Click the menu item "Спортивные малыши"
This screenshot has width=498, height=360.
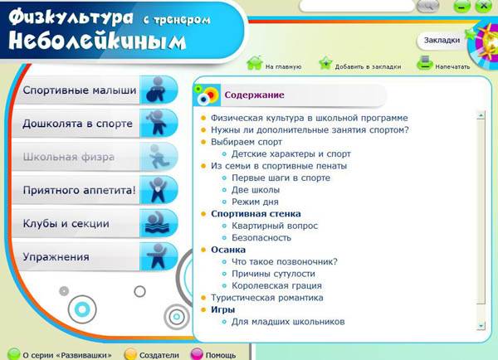[80, 90]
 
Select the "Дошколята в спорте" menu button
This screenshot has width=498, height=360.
[77, 124]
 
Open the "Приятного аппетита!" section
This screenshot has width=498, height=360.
[80, 190]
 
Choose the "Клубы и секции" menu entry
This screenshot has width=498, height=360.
[66, 223]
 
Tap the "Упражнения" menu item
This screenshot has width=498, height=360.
[56, 257]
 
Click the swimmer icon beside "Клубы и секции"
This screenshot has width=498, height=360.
[158, 223]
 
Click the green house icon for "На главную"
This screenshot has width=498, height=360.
[255, 62]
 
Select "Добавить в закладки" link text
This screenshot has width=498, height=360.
[368, 66]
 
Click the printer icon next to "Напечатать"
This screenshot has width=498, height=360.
[425, 62]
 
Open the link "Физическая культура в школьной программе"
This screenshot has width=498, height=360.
[310, 118]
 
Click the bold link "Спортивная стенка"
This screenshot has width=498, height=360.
[256, 214]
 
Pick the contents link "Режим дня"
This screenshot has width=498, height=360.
[255, 202]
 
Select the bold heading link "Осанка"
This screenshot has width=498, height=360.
[228, 250]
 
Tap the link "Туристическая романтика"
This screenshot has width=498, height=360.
[267, 298]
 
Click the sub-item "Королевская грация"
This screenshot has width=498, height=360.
[276, 285]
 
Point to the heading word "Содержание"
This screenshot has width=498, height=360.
[254, 95]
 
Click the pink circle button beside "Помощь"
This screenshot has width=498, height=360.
[197, 354]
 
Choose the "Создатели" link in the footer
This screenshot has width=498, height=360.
[159, 355]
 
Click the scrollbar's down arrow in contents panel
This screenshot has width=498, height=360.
[481, 326]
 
